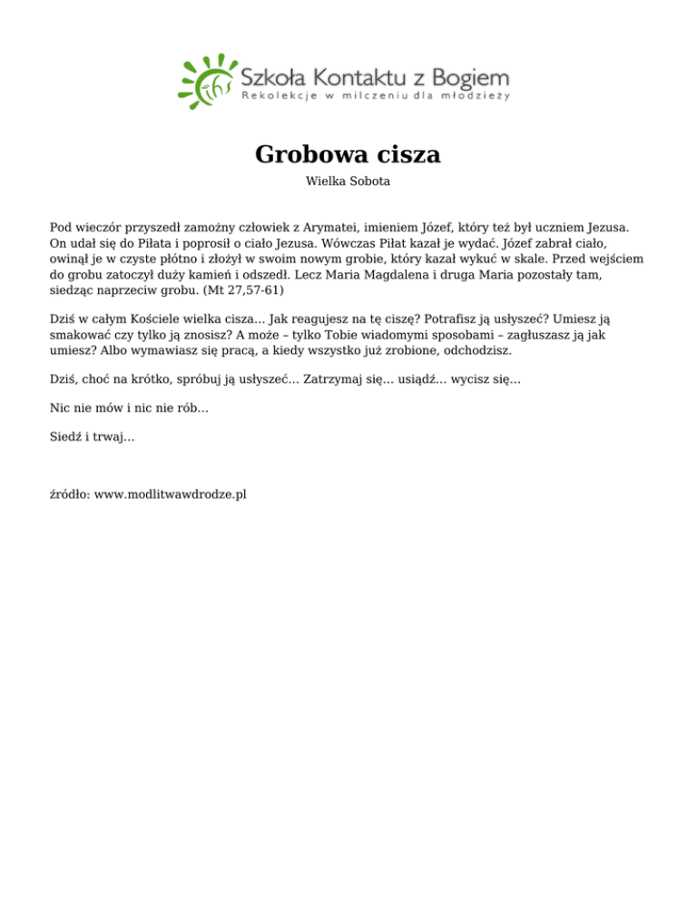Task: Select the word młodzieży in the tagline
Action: [x=478, y=95]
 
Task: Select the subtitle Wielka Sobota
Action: [x=348, y=181]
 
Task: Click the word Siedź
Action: [x=65, y=437]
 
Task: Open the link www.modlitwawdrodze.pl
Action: [x=172, y=495]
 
